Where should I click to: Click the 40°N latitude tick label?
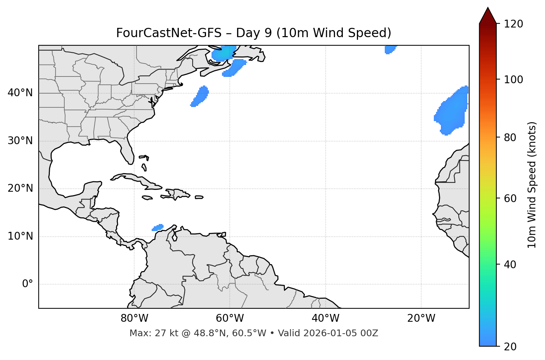[20, 93]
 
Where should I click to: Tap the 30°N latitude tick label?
[20, 141]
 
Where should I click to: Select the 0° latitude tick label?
[28, 284]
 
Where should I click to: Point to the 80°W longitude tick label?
[134, 318]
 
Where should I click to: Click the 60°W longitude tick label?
[230, 318]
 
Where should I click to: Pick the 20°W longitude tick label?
[421, 318]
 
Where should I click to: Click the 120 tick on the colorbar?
[513, 24]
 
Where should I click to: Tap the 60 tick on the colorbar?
[510, 198]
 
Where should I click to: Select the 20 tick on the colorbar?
[510, 347]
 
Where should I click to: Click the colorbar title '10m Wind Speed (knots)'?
[532, 185]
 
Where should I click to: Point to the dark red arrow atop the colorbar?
[488, 16]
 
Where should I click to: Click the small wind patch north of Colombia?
[158, 227]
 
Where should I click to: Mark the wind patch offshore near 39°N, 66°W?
[200, 97]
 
